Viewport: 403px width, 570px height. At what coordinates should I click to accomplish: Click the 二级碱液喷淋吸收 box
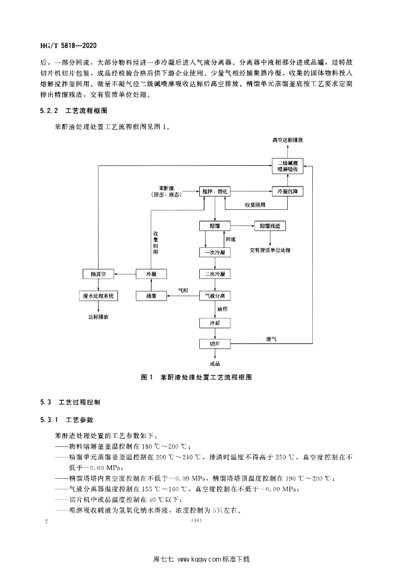[x=287, y=166]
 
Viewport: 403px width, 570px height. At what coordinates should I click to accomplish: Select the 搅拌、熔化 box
[x=215, y=191]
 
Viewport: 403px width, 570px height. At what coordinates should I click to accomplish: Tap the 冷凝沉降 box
[x=287, y=191]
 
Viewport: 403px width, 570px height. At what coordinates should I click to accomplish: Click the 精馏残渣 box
[x=269, y=226]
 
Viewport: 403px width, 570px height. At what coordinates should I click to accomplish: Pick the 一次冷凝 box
[x=215, y=252]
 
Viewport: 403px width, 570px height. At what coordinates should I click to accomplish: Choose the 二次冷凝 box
[x=215, y=274]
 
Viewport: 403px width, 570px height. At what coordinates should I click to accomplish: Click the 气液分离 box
[x=215, y=296]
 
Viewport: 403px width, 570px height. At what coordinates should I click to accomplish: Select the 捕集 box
[x=151, y=296]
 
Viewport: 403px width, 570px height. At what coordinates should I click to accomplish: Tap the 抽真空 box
[x=99, y=274]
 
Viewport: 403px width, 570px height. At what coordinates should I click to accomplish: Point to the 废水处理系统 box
[x=99, y=296]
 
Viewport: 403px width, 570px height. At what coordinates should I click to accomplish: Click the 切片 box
[x=215, y=343]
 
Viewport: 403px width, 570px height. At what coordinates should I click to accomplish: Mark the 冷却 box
[x=215, y=323]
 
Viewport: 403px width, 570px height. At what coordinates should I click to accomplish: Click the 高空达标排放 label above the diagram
[x=287, y=140]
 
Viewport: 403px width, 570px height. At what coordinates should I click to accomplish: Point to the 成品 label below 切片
[x=215, y=363]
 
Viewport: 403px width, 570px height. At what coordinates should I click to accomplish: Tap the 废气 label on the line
[x=271, y=339]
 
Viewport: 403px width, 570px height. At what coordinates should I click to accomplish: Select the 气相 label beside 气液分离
[x=183, y=291]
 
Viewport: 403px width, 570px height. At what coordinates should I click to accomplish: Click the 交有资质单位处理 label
[x=270, y=250]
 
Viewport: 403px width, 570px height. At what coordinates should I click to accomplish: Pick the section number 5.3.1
[x=49, y=420]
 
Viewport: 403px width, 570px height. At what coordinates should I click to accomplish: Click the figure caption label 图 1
[x=148, y=377]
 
